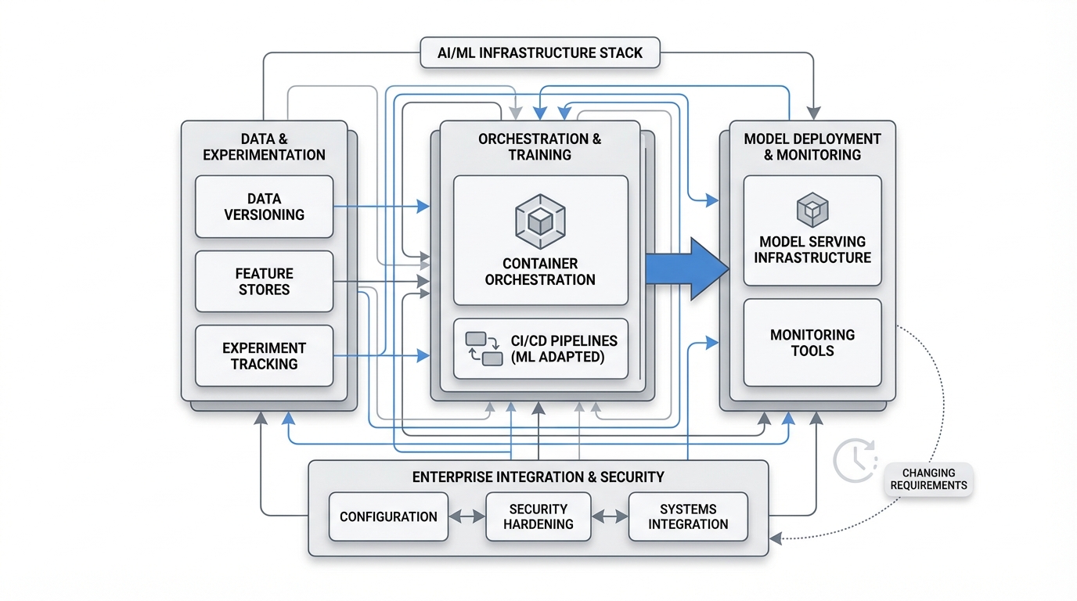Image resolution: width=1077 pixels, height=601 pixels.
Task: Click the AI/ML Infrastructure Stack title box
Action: tap(540, 53)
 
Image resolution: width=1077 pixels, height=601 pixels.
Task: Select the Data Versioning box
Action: tap(264, 207)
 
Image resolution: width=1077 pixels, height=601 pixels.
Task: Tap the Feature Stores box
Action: tap(264, 282)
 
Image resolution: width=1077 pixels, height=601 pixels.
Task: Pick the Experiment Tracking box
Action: tap(264, 356)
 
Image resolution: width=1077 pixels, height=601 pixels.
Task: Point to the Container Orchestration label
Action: tap(540, 272)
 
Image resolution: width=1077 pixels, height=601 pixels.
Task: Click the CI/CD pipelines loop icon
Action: tap(484, 349)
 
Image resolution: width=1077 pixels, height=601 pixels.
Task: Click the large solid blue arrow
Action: tap(686, 269)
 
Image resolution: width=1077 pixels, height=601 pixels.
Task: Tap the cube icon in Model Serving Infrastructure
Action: tap(812, 210)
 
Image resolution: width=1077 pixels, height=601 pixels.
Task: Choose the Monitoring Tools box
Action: tap(812, 343)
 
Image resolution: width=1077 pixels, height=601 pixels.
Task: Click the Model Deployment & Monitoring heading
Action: tap(812, 147)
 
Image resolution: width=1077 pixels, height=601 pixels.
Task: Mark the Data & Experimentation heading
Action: tap(264, 147)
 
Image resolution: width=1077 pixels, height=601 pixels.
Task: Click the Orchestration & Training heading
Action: tap(540, 147)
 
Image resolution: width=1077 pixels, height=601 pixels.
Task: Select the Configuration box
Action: tap(388, 516)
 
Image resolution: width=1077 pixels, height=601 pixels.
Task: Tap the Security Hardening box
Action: tap(538, 516)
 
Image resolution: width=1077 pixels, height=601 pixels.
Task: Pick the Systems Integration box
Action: tap(688, 516)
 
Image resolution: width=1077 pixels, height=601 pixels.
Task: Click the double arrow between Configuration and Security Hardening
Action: tap(467, 516)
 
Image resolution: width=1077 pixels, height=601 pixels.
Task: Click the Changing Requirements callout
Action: tap(928, 479)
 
